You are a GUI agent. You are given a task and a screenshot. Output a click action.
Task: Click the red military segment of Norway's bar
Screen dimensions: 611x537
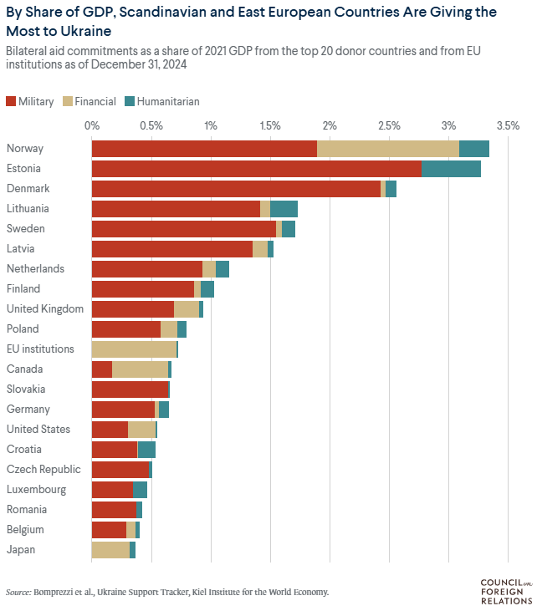[204, 149]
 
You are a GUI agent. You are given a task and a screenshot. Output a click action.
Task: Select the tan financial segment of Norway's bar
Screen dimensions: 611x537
[388, 149]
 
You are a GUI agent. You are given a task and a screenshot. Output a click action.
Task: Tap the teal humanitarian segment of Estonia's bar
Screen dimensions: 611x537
[451, 169]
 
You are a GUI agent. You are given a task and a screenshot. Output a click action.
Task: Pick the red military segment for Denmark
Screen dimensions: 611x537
[236, 189]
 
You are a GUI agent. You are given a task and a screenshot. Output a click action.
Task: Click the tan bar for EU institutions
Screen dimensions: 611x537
[134, 349]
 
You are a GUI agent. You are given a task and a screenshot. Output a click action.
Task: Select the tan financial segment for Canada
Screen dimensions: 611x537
[140, 369]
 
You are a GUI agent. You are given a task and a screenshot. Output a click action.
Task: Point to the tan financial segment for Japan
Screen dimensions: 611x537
[110, 550]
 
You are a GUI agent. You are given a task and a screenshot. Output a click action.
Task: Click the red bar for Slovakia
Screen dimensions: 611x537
[130, 390]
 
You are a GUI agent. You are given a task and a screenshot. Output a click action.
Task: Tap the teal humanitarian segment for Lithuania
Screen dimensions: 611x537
[284, 209]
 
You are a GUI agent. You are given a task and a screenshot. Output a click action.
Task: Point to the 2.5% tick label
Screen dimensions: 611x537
[389, 125]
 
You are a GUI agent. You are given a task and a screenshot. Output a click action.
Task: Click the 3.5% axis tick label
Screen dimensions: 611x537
[508, 125]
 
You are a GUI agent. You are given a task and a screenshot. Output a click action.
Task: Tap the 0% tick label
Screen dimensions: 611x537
[92, 125]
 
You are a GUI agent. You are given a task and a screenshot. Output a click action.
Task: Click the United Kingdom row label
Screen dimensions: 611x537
[45, 309]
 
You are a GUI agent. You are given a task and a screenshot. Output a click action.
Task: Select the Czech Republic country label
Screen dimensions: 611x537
[43, 470]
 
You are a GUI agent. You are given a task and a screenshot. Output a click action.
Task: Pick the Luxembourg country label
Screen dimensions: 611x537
[36, 490]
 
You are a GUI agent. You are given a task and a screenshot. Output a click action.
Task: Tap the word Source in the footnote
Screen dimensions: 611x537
[18, 592]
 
